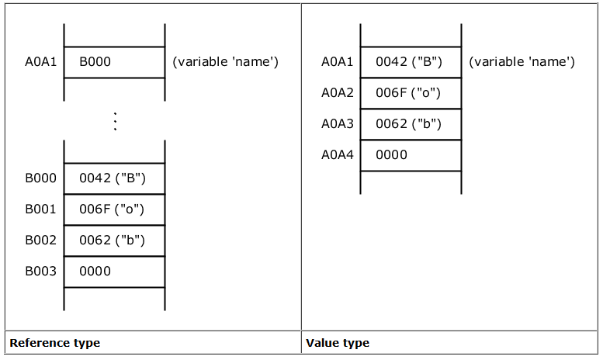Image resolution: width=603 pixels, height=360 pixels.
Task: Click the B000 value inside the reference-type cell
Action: click(x=95, y=61)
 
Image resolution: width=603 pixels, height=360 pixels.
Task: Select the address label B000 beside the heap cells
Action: click(x=41, y=178)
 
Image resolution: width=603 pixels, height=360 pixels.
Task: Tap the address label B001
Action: click(x=41, y=209)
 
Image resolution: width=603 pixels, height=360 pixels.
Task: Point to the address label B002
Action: click(x=41, y=241)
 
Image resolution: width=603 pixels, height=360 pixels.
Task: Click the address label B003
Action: click(x=41, y=271)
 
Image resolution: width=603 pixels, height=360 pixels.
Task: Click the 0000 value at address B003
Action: click(x=95, y=271)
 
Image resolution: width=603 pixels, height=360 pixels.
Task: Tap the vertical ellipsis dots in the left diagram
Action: click(x=115, y=122)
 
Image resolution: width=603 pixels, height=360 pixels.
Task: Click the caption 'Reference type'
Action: click(x=55, y=343)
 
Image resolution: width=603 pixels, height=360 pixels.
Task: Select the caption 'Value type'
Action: click(x=338, y=343)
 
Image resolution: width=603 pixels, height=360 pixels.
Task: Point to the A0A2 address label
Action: click(x=338, y=92)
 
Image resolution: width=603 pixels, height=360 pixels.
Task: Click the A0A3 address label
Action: click(x=338, y=124)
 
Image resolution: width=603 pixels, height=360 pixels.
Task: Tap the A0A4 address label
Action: click(x=338, y=154)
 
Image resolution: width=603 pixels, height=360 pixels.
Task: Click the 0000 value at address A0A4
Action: click(x=391, y=154)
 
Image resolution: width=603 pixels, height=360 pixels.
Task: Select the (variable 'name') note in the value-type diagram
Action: click(x=522, y=61)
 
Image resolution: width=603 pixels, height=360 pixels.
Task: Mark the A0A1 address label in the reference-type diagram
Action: click(x=41, y=61)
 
